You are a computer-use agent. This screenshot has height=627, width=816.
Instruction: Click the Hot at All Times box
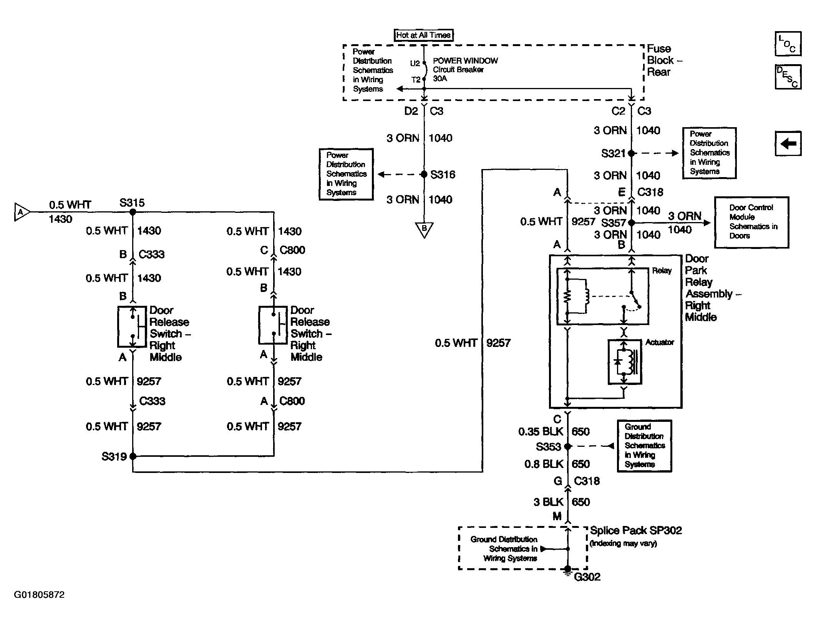424,35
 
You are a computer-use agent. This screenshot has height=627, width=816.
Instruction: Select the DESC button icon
788,76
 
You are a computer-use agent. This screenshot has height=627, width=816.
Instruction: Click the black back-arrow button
788,143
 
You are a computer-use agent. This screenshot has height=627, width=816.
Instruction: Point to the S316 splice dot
424,174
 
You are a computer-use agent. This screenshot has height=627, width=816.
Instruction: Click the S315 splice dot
133,212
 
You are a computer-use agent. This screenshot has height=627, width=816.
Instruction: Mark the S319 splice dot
133,456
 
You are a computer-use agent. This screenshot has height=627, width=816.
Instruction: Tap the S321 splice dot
631,153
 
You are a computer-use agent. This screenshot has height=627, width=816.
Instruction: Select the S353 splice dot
568,446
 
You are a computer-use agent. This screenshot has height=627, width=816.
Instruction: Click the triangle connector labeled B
424,229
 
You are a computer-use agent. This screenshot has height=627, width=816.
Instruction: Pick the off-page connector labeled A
22,212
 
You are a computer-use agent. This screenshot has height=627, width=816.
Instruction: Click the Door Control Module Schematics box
751,222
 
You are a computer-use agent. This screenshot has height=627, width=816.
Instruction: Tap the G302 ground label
587,577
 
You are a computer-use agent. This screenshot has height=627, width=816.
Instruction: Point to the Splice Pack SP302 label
636,531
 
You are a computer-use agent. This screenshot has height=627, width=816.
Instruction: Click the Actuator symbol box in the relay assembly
625,362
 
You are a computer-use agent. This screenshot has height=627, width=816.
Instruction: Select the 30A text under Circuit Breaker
440,79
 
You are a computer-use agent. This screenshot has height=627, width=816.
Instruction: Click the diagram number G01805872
39,595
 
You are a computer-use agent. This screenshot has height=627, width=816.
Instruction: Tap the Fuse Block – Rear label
665,60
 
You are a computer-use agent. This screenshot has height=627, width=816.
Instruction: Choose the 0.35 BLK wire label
541,431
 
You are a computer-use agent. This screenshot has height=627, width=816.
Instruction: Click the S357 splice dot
631,222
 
